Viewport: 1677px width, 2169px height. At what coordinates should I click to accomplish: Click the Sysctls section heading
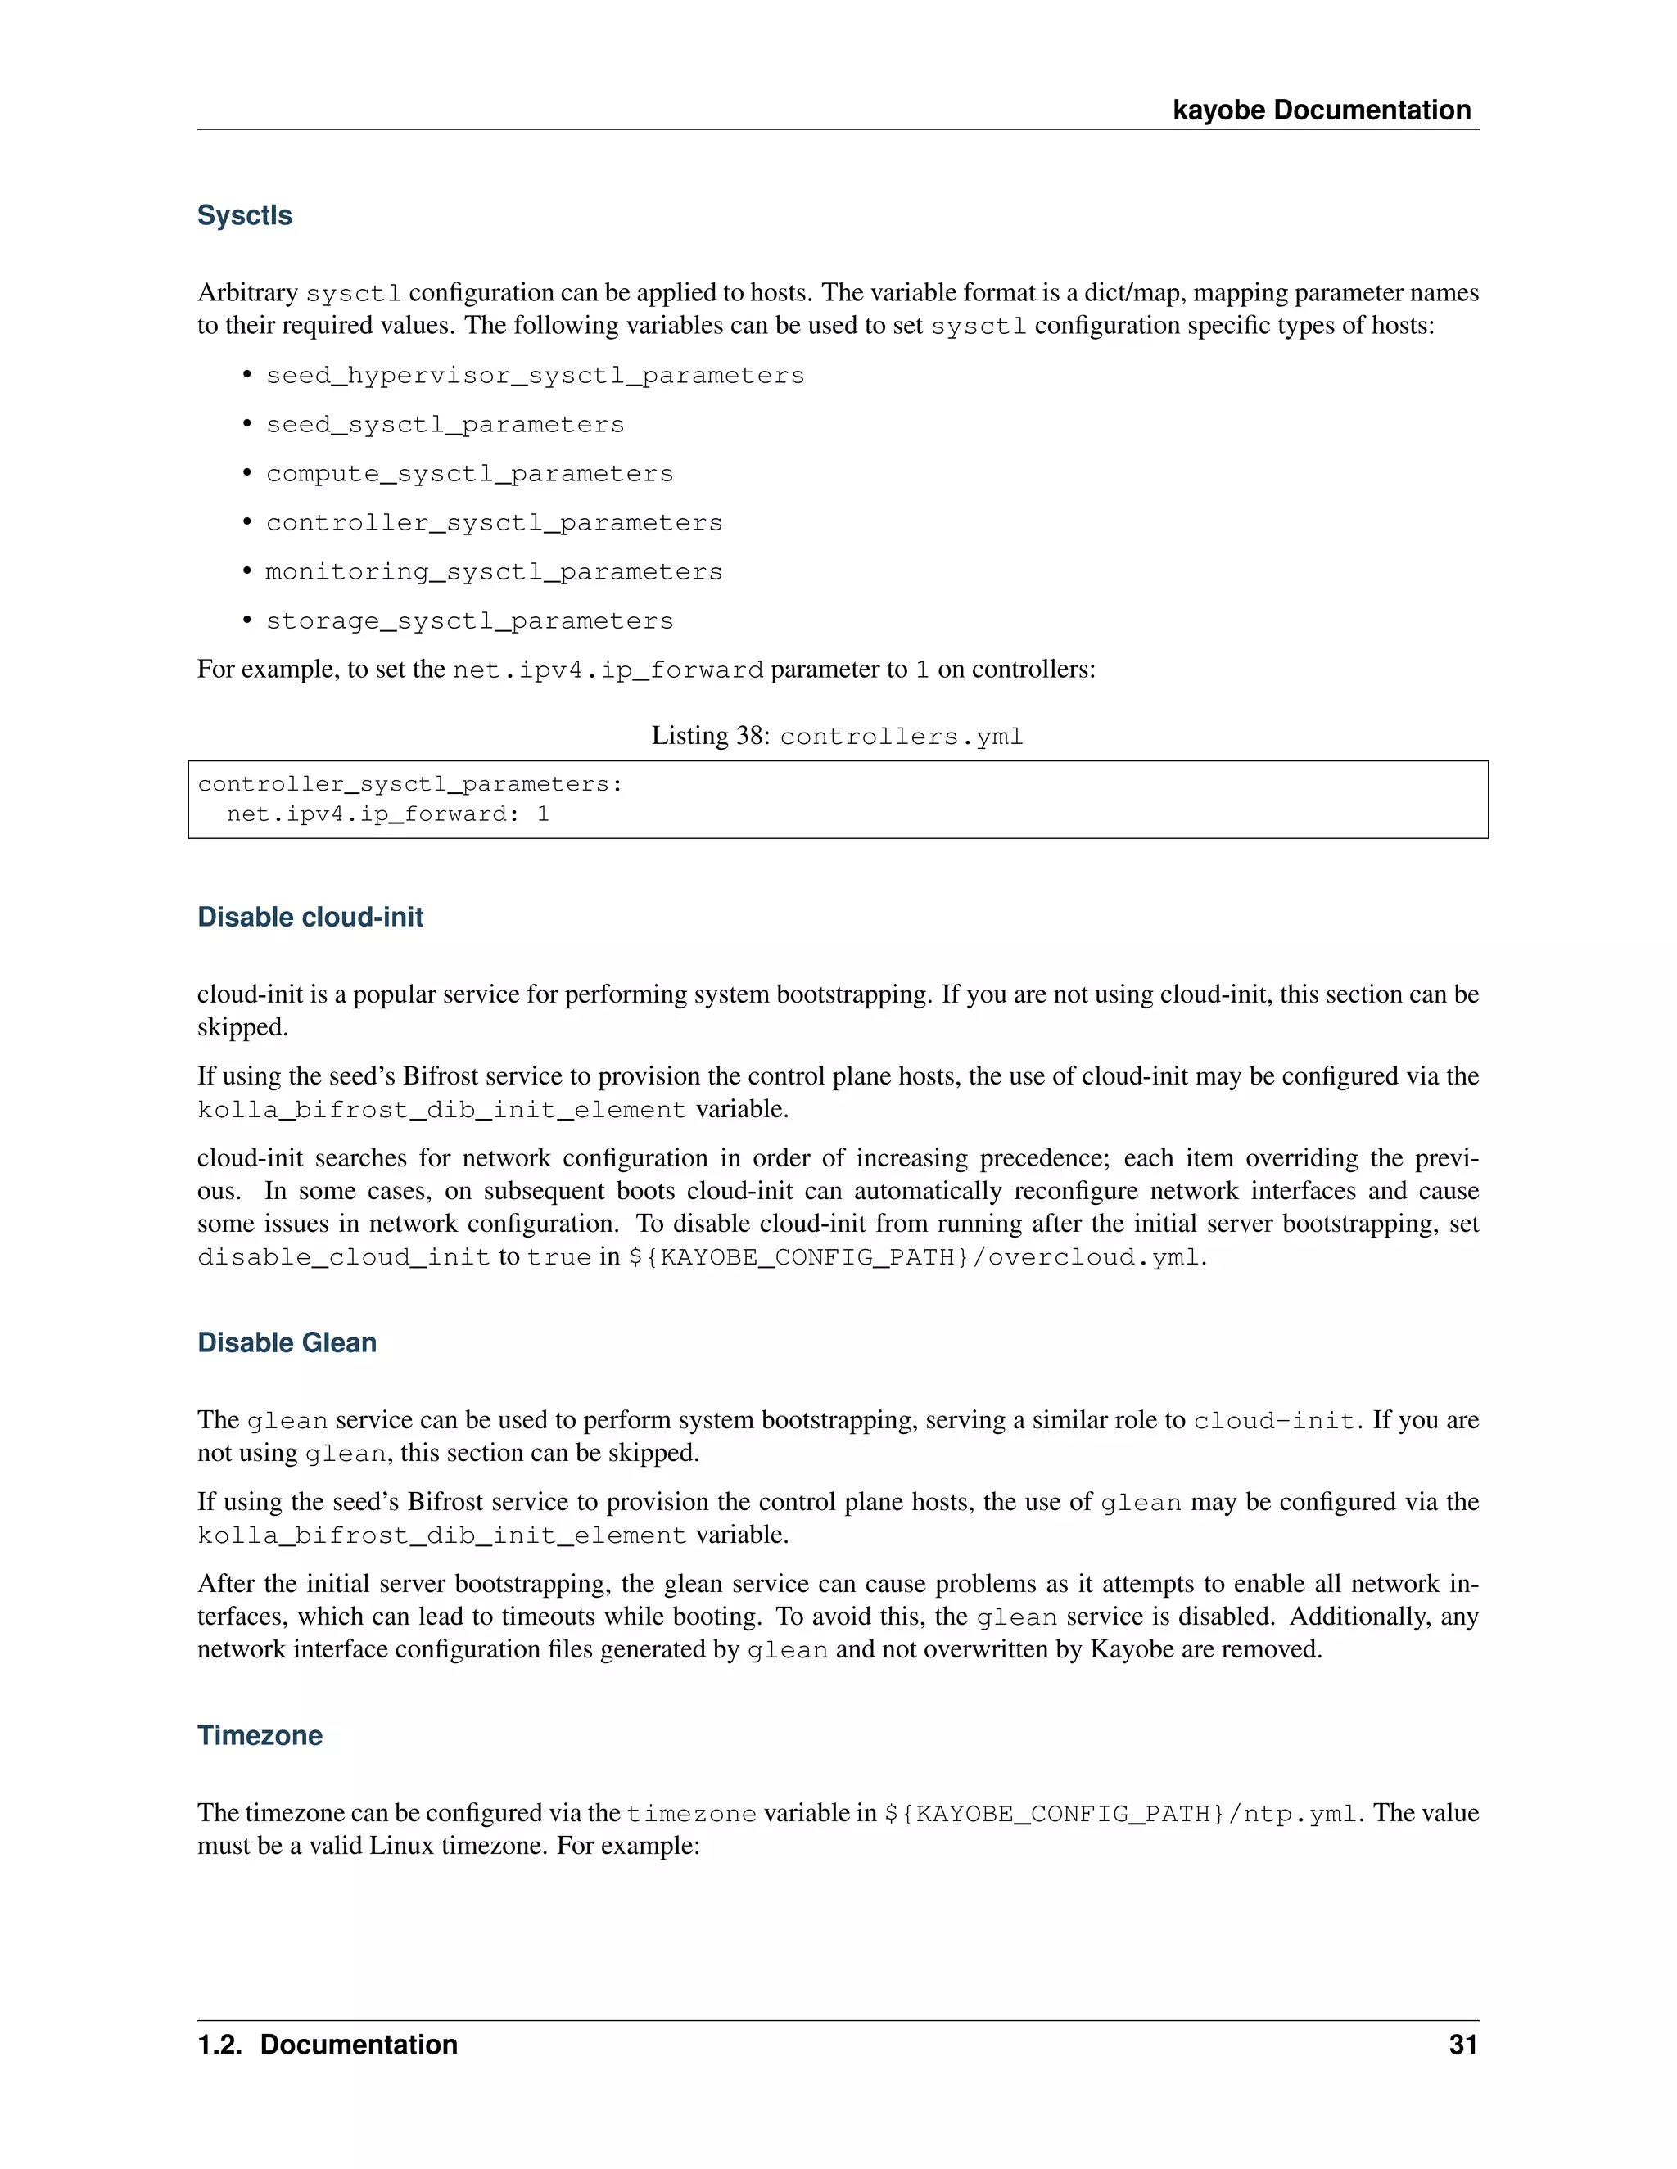point(244,215)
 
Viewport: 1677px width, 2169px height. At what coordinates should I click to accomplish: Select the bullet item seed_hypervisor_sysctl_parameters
point(535,377)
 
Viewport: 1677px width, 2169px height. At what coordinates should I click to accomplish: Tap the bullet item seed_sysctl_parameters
point(445,425)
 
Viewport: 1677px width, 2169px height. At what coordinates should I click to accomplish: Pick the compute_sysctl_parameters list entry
point(469,474)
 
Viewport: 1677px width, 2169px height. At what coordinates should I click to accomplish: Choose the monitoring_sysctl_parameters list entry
point(494,572)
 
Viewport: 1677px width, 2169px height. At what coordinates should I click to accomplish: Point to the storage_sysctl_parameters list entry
point(469,622)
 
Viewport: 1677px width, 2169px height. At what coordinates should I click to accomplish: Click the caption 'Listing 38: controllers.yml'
point(837,736)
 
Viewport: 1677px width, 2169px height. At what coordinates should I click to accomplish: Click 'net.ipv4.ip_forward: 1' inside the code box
point(387,814)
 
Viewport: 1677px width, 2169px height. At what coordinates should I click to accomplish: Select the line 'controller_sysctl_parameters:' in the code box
point(409,785)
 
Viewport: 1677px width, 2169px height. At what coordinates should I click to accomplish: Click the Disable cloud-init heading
point(310,917)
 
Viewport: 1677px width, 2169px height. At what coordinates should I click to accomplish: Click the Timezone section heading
point(260,1735)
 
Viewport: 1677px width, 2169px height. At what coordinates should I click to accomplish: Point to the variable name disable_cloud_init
point(344,1257)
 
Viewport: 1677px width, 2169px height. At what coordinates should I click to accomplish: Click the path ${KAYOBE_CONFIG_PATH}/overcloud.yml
point(915,1257)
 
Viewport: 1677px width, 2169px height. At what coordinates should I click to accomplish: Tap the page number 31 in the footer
point(1462,2045)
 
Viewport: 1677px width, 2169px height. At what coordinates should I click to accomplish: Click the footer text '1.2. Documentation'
point(327,2045)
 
